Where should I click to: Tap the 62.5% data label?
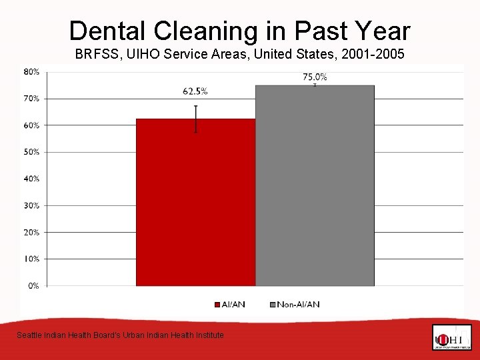(x=195, y=91)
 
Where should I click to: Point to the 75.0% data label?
(x=315, y=77)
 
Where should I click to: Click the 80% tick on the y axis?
(x=31, y=71)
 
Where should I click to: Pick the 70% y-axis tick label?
(x=31, y=98)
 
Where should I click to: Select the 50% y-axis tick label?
(x=31, y=152)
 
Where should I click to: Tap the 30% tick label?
(x=31, y=205)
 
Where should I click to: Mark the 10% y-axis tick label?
(x=31, y=259)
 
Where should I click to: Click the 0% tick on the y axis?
(x=33, y=285)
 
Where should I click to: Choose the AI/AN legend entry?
(x=230, y=305)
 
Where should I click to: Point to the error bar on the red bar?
(x=196, y=119)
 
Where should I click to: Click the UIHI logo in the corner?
(x=451, y=337)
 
